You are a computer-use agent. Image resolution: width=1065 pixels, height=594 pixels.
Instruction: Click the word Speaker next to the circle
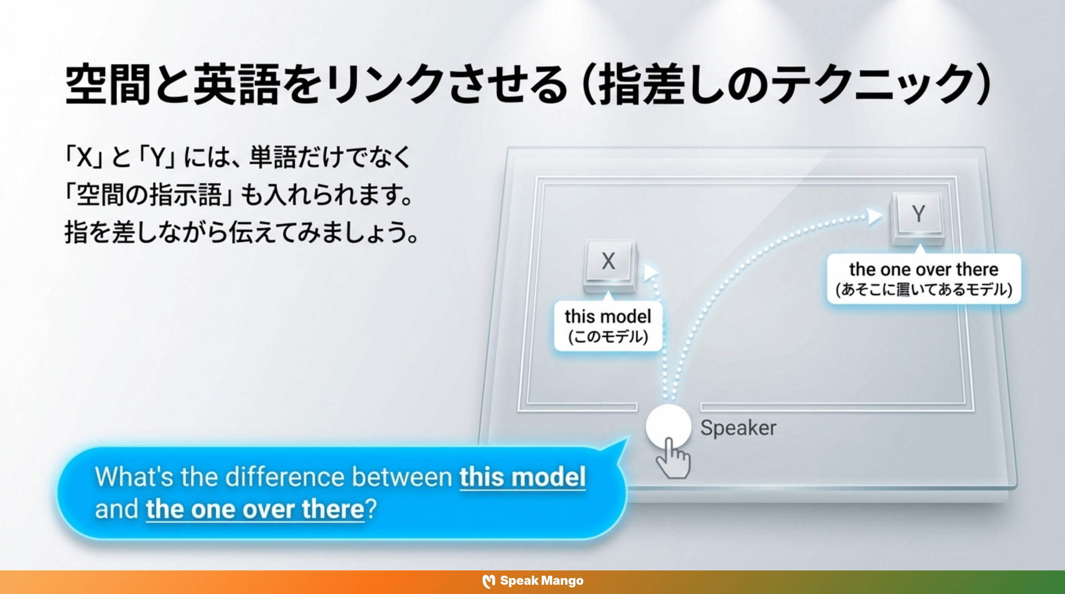coord(738,428)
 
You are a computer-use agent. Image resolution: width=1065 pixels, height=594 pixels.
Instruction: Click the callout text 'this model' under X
coord(608,317)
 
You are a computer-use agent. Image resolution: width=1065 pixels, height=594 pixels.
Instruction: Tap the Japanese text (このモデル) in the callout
coord(608,337)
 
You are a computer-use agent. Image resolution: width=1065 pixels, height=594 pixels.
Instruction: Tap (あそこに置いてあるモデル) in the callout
coord(924,290)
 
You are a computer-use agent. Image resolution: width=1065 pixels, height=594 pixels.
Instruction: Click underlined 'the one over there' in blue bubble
coord(255,509)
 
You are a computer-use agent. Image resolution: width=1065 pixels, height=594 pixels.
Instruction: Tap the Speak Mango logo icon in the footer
coord(489,581)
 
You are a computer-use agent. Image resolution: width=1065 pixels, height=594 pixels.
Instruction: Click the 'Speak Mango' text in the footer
coord(542,581)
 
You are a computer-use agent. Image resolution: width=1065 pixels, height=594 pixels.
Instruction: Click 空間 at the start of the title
coord(108,85)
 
